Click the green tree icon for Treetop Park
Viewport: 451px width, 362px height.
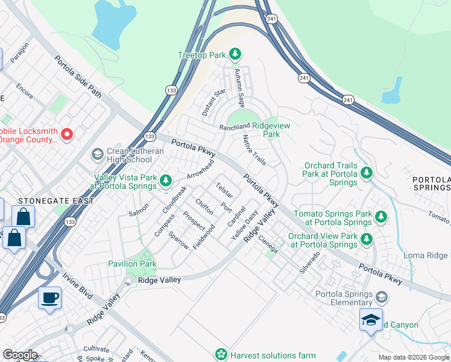pos(235,55)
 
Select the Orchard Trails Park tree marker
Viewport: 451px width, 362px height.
pos(366,174)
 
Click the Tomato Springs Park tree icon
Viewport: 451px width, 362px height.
pos(380,216)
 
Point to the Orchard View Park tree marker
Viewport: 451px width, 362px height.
pos(366,240)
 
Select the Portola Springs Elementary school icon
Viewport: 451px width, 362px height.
pos(380,297)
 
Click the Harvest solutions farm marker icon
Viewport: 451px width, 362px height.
pos(222,354)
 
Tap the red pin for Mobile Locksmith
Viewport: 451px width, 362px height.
pos(67,134)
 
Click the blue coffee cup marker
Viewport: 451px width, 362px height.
pos(49,296)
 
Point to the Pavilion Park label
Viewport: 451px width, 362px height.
pos(132,264)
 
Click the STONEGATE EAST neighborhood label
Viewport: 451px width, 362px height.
pos(48,201)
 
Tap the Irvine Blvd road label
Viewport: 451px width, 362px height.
pos(78,288)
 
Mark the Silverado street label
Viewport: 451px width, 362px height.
pos(310,263)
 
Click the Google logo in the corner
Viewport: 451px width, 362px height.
pos(19,355)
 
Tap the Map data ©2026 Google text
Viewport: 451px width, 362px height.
pos(413,357)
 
